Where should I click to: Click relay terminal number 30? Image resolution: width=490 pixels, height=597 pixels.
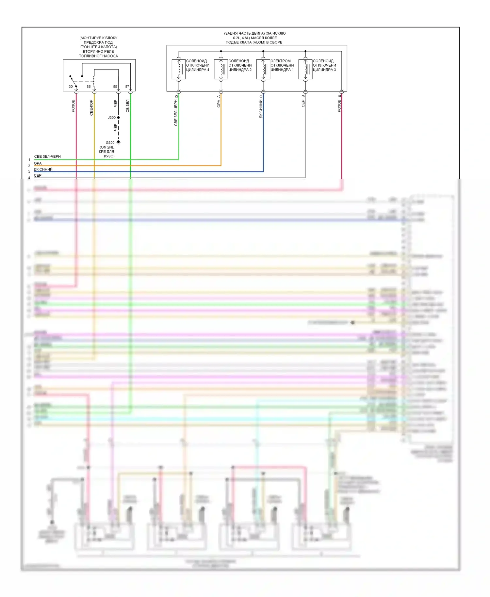click(71, 87)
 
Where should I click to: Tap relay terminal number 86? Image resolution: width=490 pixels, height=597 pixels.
click(89, 87)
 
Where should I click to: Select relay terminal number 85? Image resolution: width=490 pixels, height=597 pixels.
click(115, 87)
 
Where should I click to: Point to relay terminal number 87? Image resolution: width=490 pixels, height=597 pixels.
click(127, 87)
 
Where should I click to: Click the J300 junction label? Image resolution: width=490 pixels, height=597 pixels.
click(112, 118)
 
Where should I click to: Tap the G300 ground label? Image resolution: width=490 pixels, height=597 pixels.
click(110, 143)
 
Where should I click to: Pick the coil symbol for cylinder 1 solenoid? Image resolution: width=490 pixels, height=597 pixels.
click(264, 69)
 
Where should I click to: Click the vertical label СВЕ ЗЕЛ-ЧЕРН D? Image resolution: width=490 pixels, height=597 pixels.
click(176, 111)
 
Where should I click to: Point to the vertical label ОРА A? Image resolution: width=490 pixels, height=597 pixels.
click(219, 101)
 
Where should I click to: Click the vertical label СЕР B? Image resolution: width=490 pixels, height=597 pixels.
click(303, 101)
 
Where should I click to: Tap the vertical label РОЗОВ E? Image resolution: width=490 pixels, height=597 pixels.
click(339, 104)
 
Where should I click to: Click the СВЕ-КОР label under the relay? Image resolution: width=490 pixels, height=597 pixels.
click(91, 107)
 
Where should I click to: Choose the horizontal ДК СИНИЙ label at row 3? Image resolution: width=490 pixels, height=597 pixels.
click(43, 169)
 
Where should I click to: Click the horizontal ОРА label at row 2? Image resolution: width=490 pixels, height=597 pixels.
click(38, 163)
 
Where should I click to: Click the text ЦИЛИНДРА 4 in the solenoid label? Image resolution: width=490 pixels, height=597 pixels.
click(198, 70)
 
